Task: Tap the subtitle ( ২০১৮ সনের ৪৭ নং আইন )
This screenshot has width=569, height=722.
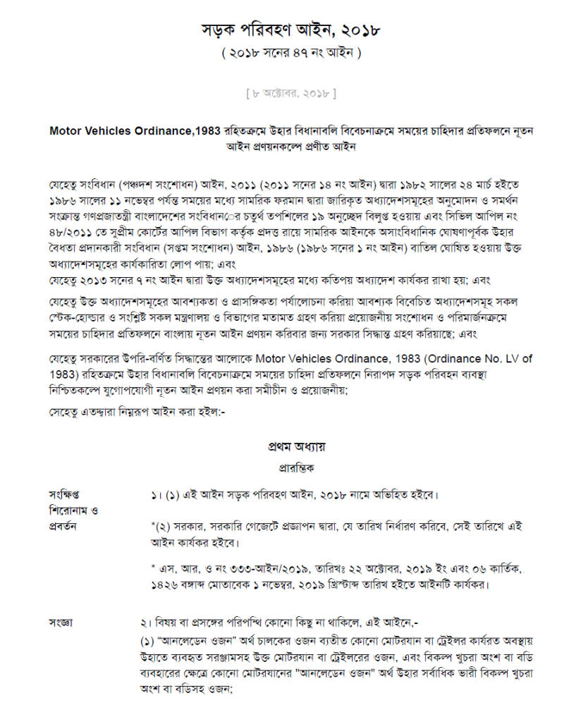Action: click(x=290, y=52)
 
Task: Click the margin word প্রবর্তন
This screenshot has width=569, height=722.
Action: click(x=63, y=526)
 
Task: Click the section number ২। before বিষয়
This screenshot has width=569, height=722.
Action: click(x=146, y=623)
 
